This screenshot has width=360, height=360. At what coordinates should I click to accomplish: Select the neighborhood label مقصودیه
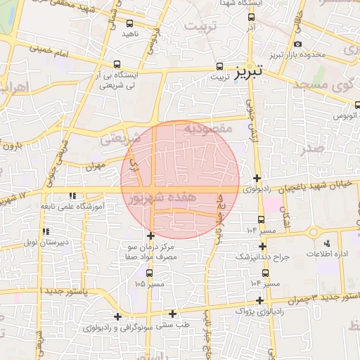point(207,129)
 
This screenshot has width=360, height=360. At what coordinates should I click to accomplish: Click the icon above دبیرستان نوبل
point(46,231)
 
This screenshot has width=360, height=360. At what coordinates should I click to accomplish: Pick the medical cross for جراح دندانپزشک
point(263,246)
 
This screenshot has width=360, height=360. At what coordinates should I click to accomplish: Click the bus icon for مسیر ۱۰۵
point(149,273)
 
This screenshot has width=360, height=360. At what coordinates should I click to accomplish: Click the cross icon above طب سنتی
point(173,314)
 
